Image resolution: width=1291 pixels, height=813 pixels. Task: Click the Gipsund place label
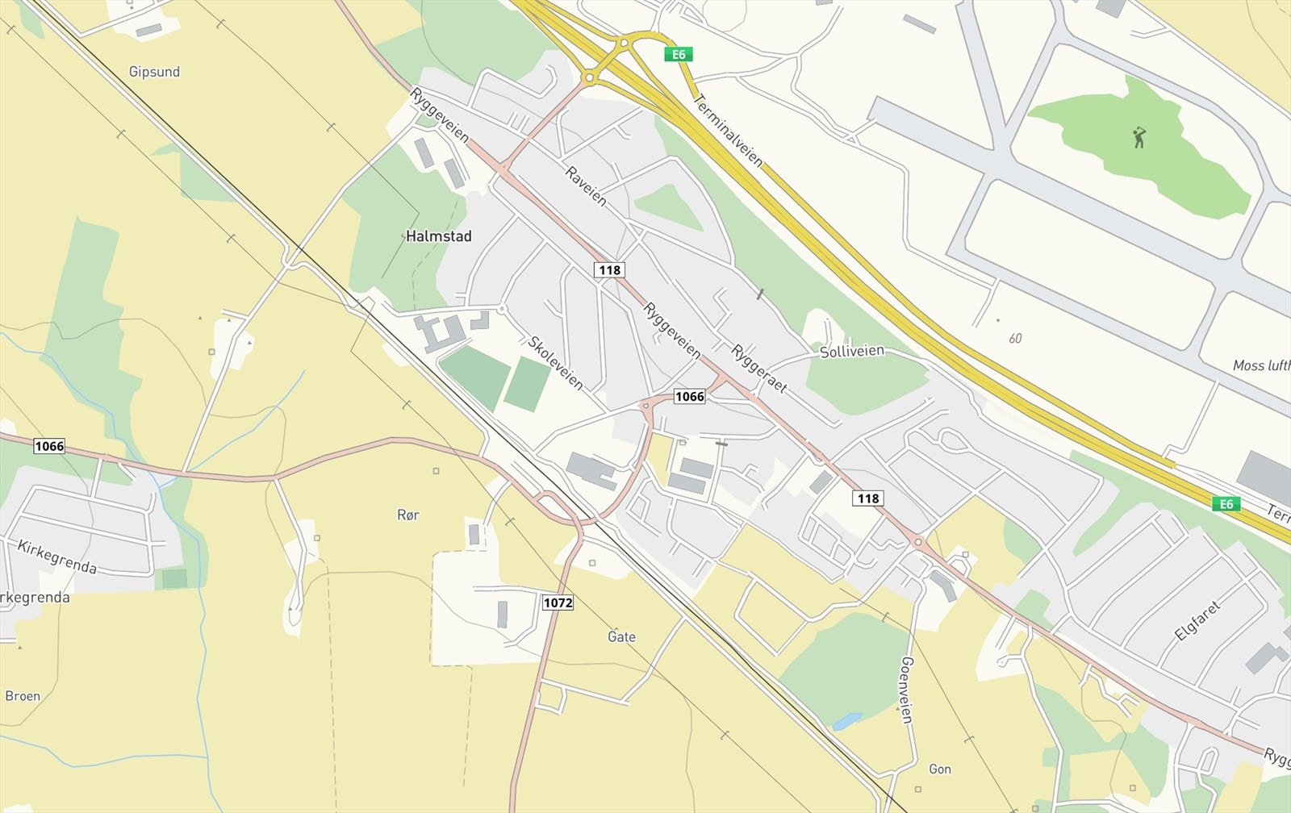tap(154, 72)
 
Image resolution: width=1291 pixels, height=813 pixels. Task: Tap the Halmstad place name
tap(438, 236)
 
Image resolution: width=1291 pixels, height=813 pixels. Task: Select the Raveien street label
tap(586, 186)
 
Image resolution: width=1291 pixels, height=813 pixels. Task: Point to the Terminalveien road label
tap(728, 128)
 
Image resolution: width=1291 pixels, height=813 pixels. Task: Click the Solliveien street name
tap(852, 352)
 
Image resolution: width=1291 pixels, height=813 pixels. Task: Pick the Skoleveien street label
tap(555, 363)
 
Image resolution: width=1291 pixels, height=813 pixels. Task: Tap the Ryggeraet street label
tap(758, 369)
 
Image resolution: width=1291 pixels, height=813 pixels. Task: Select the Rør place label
tap(408, 515)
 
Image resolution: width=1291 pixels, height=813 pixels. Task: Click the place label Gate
tap(621, 637)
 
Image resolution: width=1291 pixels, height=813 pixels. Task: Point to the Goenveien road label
tap(906, 690)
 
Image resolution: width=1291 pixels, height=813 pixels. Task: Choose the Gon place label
tap(940, 769)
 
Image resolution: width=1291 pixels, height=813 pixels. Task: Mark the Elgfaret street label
tap(1197, 620)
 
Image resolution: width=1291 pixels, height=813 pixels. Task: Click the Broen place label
tap(23, 696)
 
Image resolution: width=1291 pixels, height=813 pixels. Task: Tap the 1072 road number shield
tap(558, 602)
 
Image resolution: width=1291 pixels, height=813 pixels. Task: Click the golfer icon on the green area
tap(1139, 137)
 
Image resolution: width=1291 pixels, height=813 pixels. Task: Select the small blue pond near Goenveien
tap(847, 720)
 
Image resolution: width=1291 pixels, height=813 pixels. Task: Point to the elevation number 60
tap(1014, 339)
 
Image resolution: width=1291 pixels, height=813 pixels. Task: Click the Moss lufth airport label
tap(1261, 365)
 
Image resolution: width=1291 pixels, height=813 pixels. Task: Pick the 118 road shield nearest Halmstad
tap(609, 269)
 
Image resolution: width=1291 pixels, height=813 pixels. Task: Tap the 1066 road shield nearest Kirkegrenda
tap(48, 446)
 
